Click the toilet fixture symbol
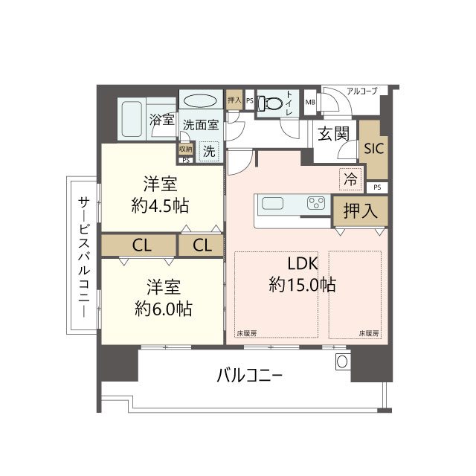pyautogui.click(x=269, y=103)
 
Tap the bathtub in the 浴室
pyautogui.click(x=132, y=119)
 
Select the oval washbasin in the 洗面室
pyautogui.click(x=200, y=100)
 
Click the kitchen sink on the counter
pyautogui.click(x=273, y=203)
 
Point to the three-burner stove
pyautogui.click(x=316, y=203)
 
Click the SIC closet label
pyautogui.click(x=373, y=149)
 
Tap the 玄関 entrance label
pyautogui.click(x=333, y=134)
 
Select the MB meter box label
pyautogui.click(x=310, y=103)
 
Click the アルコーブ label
pyautogui.click(x=362, y=91)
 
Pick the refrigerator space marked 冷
pyautogui.click(x=350, y=179)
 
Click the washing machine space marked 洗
pyautogui.click(x=209, y=151)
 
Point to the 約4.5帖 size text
pyautogui.click(x=160, y=206)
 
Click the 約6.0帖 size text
pyautogui.click(x=164, y=309)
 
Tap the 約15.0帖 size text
pyautogui.click(x=303, y=285)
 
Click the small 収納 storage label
pyautogui.click(x=186, y=149)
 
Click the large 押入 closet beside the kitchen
pyautogui.click(x=360, y=210)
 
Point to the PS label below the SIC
pyautogui.click(x=377, y=187)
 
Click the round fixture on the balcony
pyautogui.click(x=342, y=361)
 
